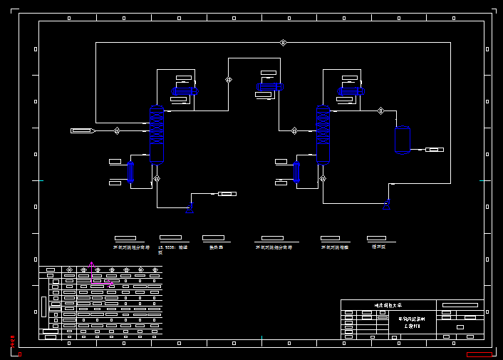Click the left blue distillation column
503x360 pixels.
click(x=157, y=135)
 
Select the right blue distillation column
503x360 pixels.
click(x=323, y=135)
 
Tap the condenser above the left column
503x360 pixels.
click(x=185, y=91)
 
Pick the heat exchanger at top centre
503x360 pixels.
click(x=269, y=87)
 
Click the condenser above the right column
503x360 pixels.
click(x=351, y=91)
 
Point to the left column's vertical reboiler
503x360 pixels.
click(x=130, y=172)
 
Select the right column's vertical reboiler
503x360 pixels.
click(x=296, y=172)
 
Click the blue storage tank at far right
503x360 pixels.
click(x=403, y=139)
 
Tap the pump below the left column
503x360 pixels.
click(x=190, y=208)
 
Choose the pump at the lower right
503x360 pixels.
click(x=387, y=205)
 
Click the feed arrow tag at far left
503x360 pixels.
click(x=83, y=130)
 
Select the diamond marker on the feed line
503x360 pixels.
click(x=117, y=130)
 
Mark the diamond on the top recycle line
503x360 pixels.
click(x=283, y=43)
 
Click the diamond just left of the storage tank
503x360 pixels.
click(x=380, y=110)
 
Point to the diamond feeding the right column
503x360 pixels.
click(x=294, y=130)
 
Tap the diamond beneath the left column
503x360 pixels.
click(x=157, y=178)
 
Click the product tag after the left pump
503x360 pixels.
click(x=227, y=194)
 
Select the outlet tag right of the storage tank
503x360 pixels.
click(x=435, y=149)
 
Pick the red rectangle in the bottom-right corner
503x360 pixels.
click(x=479, y=354)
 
